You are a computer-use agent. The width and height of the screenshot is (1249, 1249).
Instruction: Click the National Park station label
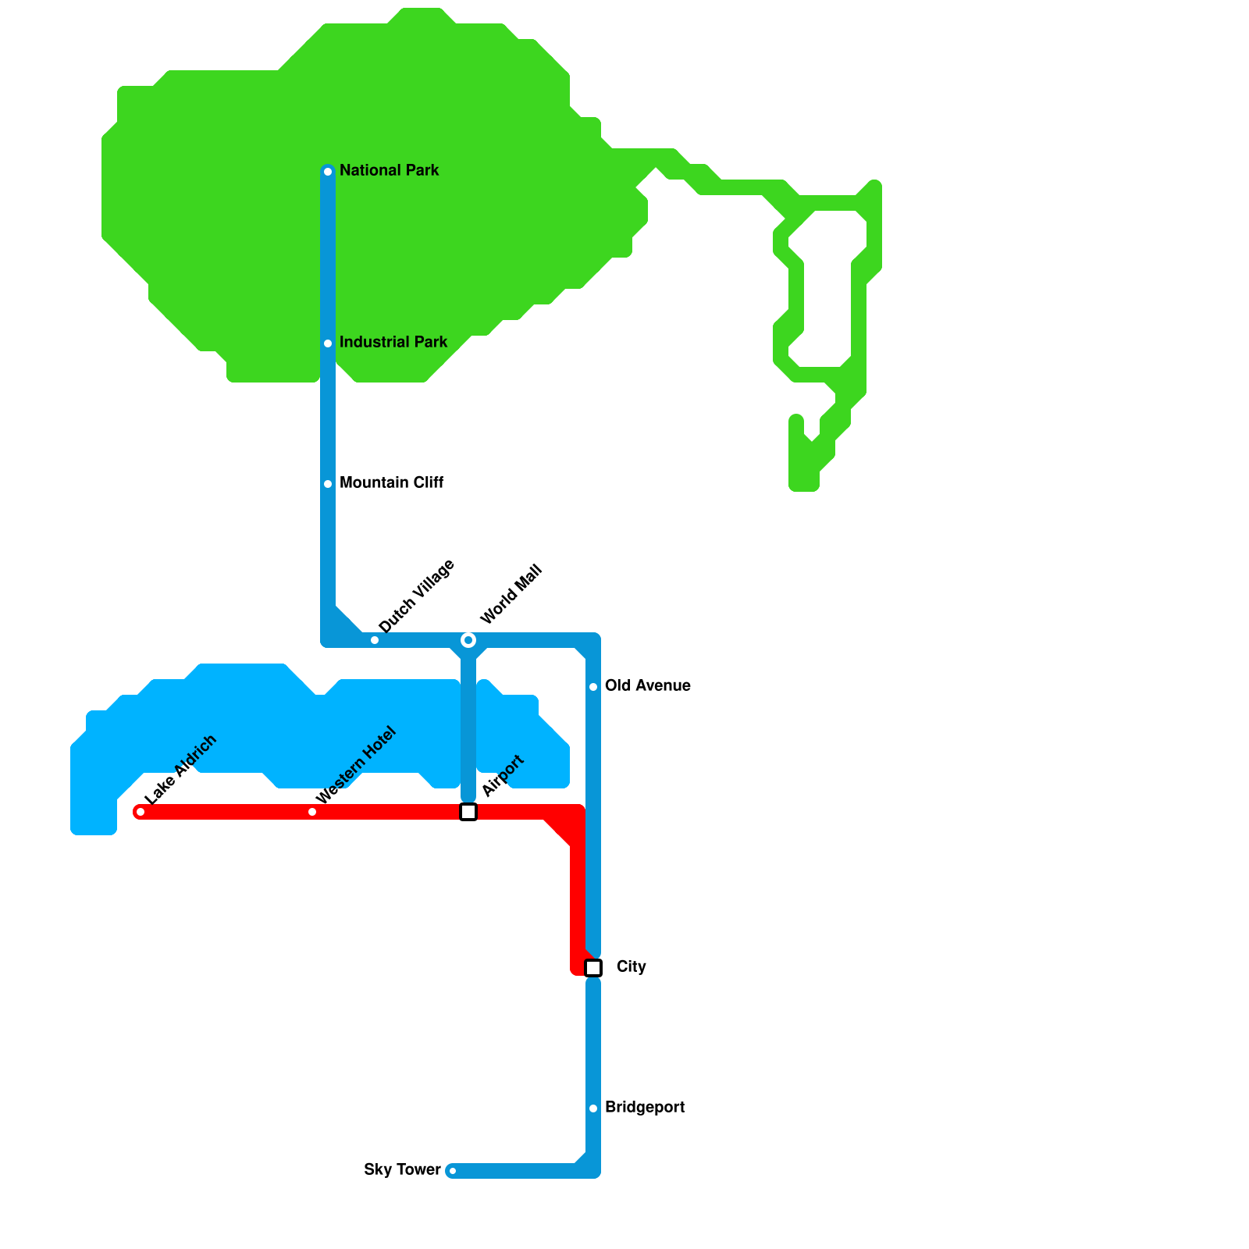[389, 170]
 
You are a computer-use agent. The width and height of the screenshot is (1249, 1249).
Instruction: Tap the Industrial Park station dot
[328, 343]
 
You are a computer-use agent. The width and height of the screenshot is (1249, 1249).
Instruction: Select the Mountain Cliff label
[391, 482]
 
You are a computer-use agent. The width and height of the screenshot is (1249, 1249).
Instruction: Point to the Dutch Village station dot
[375, 640]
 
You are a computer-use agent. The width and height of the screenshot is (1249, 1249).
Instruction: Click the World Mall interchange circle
[468, 640]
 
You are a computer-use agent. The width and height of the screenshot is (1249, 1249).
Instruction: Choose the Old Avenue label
[647, 685]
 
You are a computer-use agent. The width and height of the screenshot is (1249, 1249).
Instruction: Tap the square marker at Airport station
[468, 812]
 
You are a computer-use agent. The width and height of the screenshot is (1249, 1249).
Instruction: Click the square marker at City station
[593, 968]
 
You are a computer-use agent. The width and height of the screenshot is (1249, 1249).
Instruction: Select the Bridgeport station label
[644, 1107]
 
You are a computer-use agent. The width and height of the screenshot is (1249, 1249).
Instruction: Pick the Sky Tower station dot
[453, 1171]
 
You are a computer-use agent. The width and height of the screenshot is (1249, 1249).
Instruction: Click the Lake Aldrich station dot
[141, 812]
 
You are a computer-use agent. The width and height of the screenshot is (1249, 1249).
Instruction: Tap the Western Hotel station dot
[312, 812]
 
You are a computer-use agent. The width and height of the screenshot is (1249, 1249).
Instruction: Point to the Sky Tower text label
[402, 1169]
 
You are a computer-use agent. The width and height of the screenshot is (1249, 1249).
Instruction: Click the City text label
[631, 966]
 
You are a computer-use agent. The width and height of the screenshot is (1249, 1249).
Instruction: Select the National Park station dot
[328, 172]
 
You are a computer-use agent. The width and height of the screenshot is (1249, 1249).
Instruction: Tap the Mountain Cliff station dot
[328, 484]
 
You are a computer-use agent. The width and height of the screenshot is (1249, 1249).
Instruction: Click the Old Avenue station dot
[593, 687]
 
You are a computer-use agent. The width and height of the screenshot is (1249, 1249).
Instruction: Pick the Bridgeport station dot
[593, 1108]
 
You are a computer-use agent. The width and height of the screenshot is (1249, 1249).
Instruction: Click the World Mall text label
[511, 595]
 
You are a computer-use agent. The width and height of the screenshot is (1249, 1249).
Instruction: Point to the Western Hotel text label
[356, 766]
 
